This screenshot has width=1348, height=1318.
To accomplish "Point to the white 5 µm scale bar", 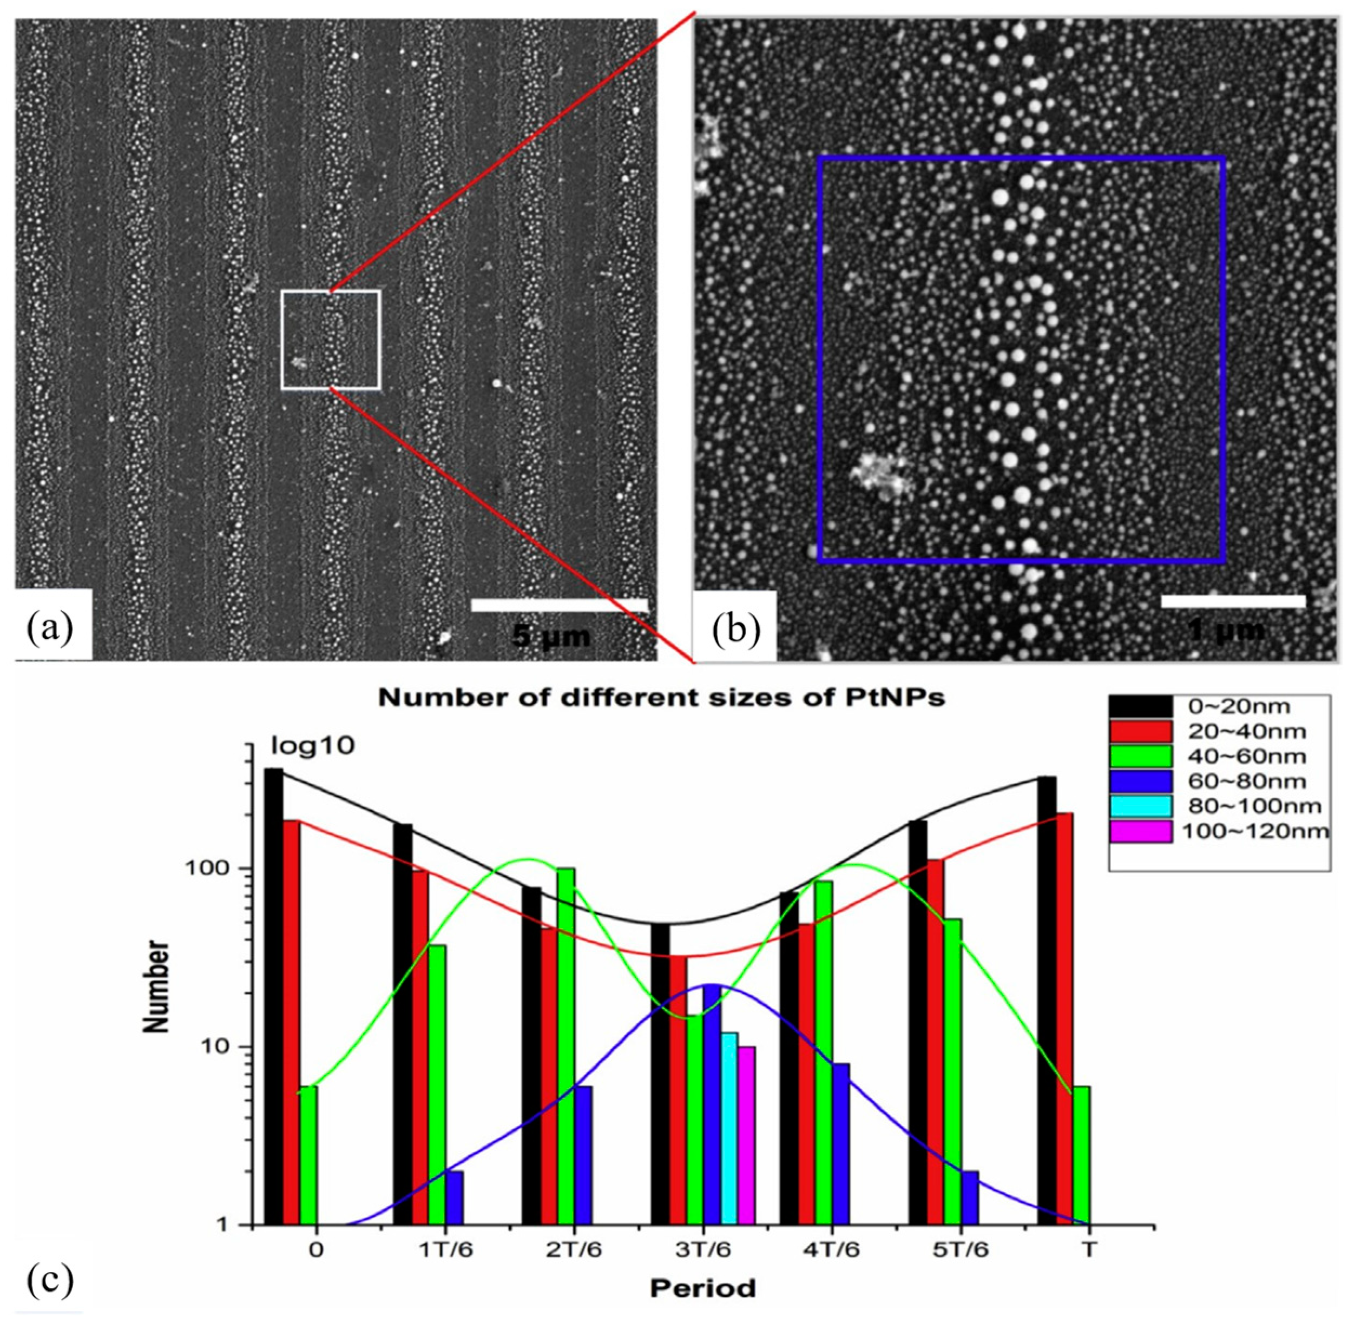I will [559, 605].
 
